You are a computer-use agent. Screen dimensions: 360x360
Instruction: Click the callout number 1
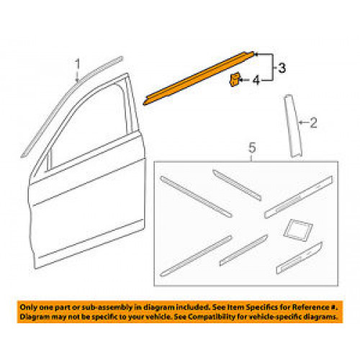77,64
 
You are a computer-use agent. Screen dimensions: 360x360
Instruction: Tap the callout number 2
313,122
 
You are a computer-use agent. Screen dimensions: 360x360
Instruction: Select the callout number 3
282,68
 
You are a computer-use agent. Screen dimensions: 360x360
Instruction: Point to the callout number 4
256,80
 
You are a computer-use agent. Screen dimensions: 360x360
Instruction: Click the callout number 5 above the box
252,148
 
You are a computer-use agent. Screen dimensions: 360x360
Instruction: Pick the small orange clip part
234,80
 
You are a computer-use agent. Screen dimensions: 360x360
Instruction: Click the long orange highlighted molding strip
199,78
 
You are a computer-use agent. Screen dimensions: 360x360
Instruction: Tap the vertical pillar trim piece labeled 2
293,126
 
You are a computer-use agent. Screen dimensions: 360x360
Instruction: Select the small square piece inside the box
298,228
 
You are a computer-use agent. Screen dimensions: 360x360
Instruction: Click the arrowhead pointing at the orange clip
240,80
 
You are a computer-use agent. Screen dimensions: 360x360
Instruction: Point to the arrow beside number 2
304,122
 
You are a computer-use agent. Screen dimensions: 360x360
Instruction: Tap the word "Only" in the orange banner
28,307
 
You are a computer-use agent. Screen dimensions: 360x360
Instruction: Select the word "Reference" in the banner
310,307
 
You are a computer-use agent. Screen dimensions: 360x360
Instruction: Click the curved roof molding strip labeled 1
72,107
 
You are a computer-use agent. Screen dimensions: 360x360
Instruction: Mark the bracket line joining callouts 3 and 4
273,68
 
